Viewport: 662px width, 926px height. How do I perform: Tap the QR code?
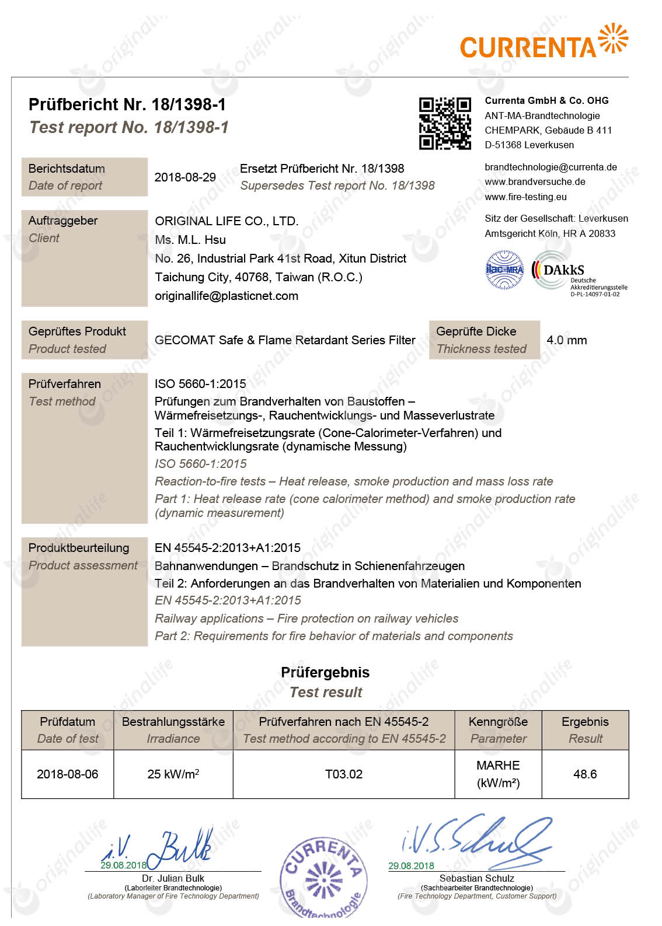[x=445, y=124]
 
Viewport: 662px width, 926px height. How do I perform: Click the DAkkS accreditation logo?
[x=579, y=274]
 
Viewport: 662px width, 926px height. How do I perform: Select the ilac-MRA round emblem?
[x=505, y=270]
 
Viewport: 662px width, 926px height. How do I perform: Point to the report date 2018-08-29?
[x=185, y=177]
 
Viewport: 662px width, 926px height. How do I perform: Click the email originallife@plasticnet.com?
[x=227, y=296]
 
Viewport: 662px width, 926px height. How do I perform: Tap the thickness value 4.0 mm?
[x=566, y=340]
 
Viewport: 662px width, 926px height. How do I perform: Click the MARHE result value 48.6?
[x=585, y=774]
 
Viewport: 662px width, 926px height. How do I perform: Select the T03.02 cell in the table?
[x=344, y=774]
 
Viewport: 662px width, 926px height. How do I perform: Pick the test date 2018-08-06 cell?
[x=67, y=774]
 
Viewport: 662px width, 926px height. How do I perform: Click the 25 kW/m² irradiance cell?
[x=173, y=774]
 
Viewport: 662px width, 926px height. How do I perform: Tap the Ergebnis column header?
[x=585, y=730]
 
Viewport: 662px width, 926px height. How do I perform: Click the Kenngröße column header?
[x=498, y=730]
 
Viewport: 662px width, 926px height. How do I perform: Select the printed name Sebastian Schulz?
[x=476, y=878]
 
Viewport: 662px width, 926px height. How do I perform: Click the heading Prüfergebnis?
[x=325, y=672]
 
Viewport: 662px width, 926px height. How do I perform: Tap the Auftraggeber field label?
[x=63, y=221]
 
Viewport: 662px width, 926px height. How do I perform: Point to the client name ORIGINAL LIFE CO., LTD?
[x=227, y=221]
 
